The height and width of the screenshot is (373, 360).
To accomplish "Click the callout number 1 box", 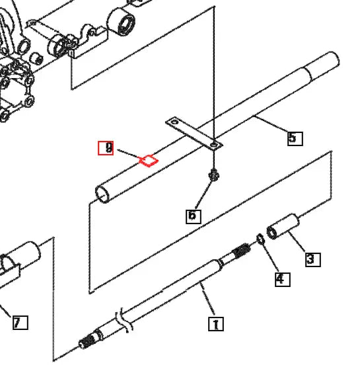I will [x=216, y=324].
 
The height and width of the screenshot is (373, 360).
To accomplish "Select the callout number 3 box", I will [x=312, y=259].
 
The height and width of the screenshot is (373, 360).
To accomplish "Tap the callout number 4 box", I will [x=281, y=279].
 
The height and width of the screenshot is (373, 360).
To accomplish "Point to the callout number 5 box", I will [x=295, y=138].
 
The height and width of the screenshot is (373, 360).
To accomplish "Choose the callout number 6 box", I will [x=193, y=216].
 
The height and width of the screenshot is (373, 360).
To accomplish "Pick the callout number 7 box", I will [x=20, y=323].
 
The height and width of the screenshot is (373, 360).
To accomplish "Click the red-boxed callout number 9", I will [x=106, y=148].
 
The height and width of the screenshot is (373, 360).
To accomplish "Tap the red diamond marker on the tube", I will [x=149, y=159].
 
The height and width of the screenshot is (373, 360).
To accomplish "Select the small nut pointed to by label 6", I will [x=214, y=175].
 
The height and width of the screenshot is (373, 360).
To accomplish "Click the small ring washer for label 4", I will [x=261, y=237].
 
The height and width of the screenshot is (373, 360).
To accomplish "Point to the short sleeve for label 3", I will [x=283, y=226].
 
